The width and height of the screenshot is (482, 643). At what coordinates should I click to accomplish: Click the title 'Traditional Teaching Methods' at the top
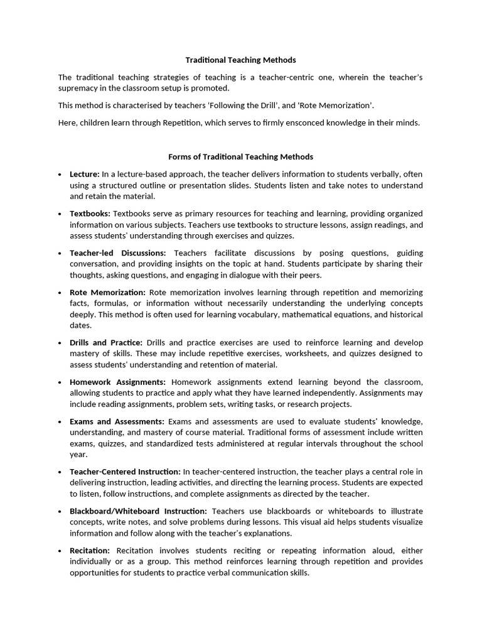pyautogui.click(x=240, y=60)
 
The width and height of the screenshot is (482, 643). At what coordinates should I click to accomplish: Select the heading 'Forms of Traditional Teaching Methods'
pyautogui.click(x=240, y=156)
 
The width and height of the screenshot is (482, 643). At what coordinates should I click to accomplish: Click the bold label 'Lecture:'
pyautogui.click(x=85, y=174)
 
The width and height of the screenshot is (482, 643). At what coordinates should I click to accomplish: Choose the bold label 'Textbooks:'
pyautogui.click(x=90, y=213)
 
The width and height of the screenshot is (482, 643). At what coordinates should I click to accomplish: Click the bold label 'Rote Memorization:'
pyautogui.click(x=107, y=293)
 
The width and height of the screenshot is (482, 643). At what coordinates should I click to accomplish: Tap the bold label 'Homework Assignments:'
pyautogui.click(x=117, y=382)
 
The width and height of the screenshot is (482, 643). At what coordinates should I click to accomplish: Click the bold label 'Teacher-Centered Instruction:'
pyautogui.click(x=125, y=472)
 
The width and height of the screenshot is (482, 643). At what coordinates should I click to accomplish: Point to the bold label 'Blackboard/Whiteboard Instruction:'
pyautogui.click(x=138, y=511)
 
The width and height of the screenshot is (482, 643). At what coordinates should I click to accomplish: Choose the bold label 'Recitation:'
pyautogui.click(x=90, y=551)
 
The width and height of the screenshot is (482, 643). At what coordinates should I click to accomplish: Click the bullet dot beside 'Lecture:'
pyautogui.click(x=59, y=175)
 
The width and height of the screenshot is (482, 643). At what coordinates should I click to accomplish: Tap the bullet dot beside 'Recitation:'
pyautogui.click(x=59, y=551)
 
